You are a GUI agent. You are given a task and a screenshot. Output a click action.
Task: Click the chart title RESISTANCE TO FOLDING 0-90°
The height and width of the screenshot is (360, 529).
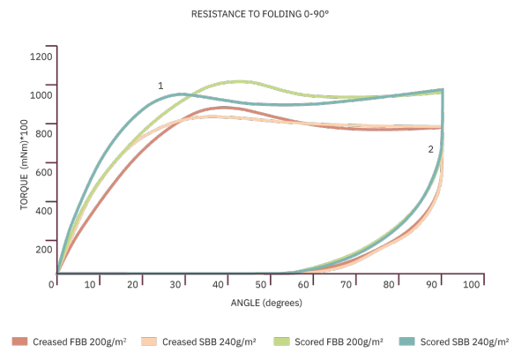tap(260, 14)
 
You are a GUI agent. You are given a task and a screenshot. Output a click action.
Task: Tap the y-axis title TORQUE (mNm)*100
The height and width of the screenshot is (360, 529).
tap(24, 164)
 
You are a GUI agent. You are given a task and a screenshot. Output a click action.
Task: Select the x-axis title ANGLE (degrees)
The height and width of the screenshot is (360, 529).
tap(266, 303)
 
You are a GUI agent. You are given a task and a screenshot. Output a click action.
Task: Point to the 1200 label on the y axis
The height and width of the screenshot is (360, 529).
tap(41, 56)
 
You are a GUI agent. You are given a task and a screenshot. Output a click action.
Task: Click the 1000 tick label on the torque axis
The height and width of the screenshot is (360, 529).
tap(41, 95)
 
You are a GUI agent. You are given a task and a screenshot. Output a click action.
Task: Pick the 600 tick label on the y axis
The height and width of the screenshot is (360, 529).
tap(44, 172)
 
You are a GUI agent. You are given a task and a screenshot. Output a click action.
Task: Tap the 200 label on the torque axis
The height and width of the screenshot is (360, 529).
tap(44, 250)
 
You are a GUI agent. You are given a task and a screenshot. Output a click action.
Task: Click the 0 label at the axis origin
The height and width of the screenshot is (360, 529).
tap(51, 285)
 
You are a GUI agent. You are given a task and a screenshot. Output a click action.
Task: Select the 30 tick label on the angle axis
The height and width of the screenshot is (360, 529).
tap(175, 285)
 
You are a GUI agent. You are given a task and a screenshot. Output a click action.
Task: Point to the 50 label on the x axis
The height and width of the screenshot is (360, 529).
tap(260, 285)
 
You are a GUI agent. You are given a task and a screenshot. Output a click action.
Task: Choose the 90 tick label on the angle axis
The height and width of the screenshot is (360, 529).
tap(431, 285)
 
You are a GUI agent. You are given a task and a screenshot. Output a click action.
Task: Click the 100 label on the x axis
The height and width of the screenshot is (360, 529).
tap(471, 285)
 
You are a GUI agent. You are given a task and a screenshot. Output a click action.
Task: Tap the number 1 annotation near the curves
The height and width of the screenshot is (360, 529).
tap(160, 86)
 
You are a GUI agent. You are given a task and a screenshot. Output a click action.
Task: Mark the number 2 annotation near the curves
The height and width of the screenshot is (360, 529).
tap(430, 149)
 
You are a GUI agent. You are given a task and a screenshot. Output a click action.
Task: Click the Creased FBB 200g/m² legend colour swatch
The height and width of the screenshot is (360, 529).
tap(19, 341)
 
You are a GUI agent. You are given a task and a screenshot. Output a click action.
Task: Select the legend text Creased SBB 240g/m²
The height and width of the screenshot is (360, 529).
tap(209, 341)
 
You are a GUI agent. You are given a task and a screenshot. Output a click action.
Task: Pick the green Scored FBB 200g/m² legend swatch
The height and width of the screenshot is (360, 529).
tap(282, 341)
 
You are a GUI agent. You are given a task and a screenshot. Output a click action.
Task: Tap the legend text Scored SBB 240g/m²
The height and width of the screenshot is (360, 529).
tap(465, 341)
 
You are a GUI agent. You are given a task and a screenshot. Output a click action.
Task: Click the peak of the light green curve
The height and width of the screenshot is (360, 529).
tap(239, 81)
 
